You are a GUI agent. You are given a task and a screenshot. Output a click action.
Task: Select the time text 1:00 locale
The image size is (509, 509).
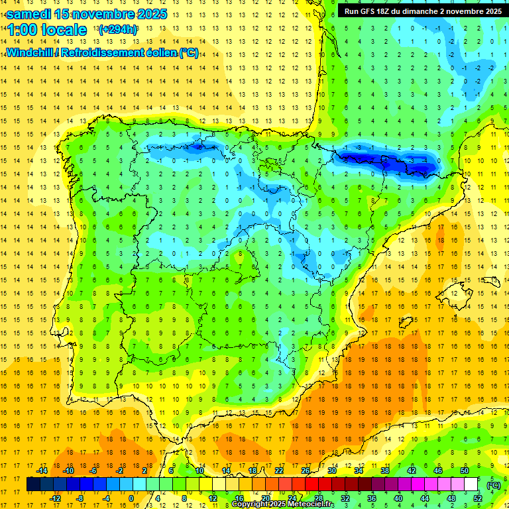pyautogui.click(x=47, y=30)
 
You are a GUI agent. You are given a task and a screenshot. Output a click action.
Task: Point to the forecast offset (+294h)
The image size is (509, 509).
pyautogui.click(x=118, y=30)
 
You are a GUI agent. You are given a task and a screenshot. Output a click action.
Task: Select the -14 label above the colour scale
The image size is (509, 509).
pyautogui.click(x=41, y=471)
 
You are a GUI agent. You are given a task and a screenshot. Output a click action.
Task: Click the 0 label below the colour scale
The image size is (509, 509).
pyautogui.click(x=131, y=498)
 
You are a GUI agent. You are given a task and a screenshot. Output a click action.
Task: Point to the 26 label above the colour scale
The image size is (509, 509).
pyautogui.click(x=306, y=471)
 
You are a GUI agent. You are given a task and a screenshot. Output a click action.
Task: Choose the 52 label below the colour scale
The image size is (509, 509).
pyautogui.click(x=479, y=498)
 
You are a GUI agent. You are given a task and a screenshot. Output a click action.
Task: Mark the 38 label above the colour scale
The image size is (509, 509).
pyautogui.click(x=385, y=471)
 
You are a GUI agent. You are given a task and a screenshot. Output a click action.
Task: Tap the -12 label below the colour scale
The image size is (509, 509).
pyautogui.click(x=56, y=498)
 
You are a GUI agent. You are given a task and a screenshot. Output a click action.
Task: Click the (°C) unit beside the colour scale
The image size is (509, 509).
pyautogui.click(x=494, y=485)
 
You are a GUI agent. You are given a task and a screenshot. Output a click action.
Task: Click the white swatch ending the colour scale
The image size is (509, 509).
pyautogui.click(x=471, y=484)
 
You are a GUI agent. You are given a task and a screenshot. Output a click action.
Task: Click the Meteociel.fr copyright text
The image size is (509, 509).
pyautogui.click(x=283, y=504)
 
